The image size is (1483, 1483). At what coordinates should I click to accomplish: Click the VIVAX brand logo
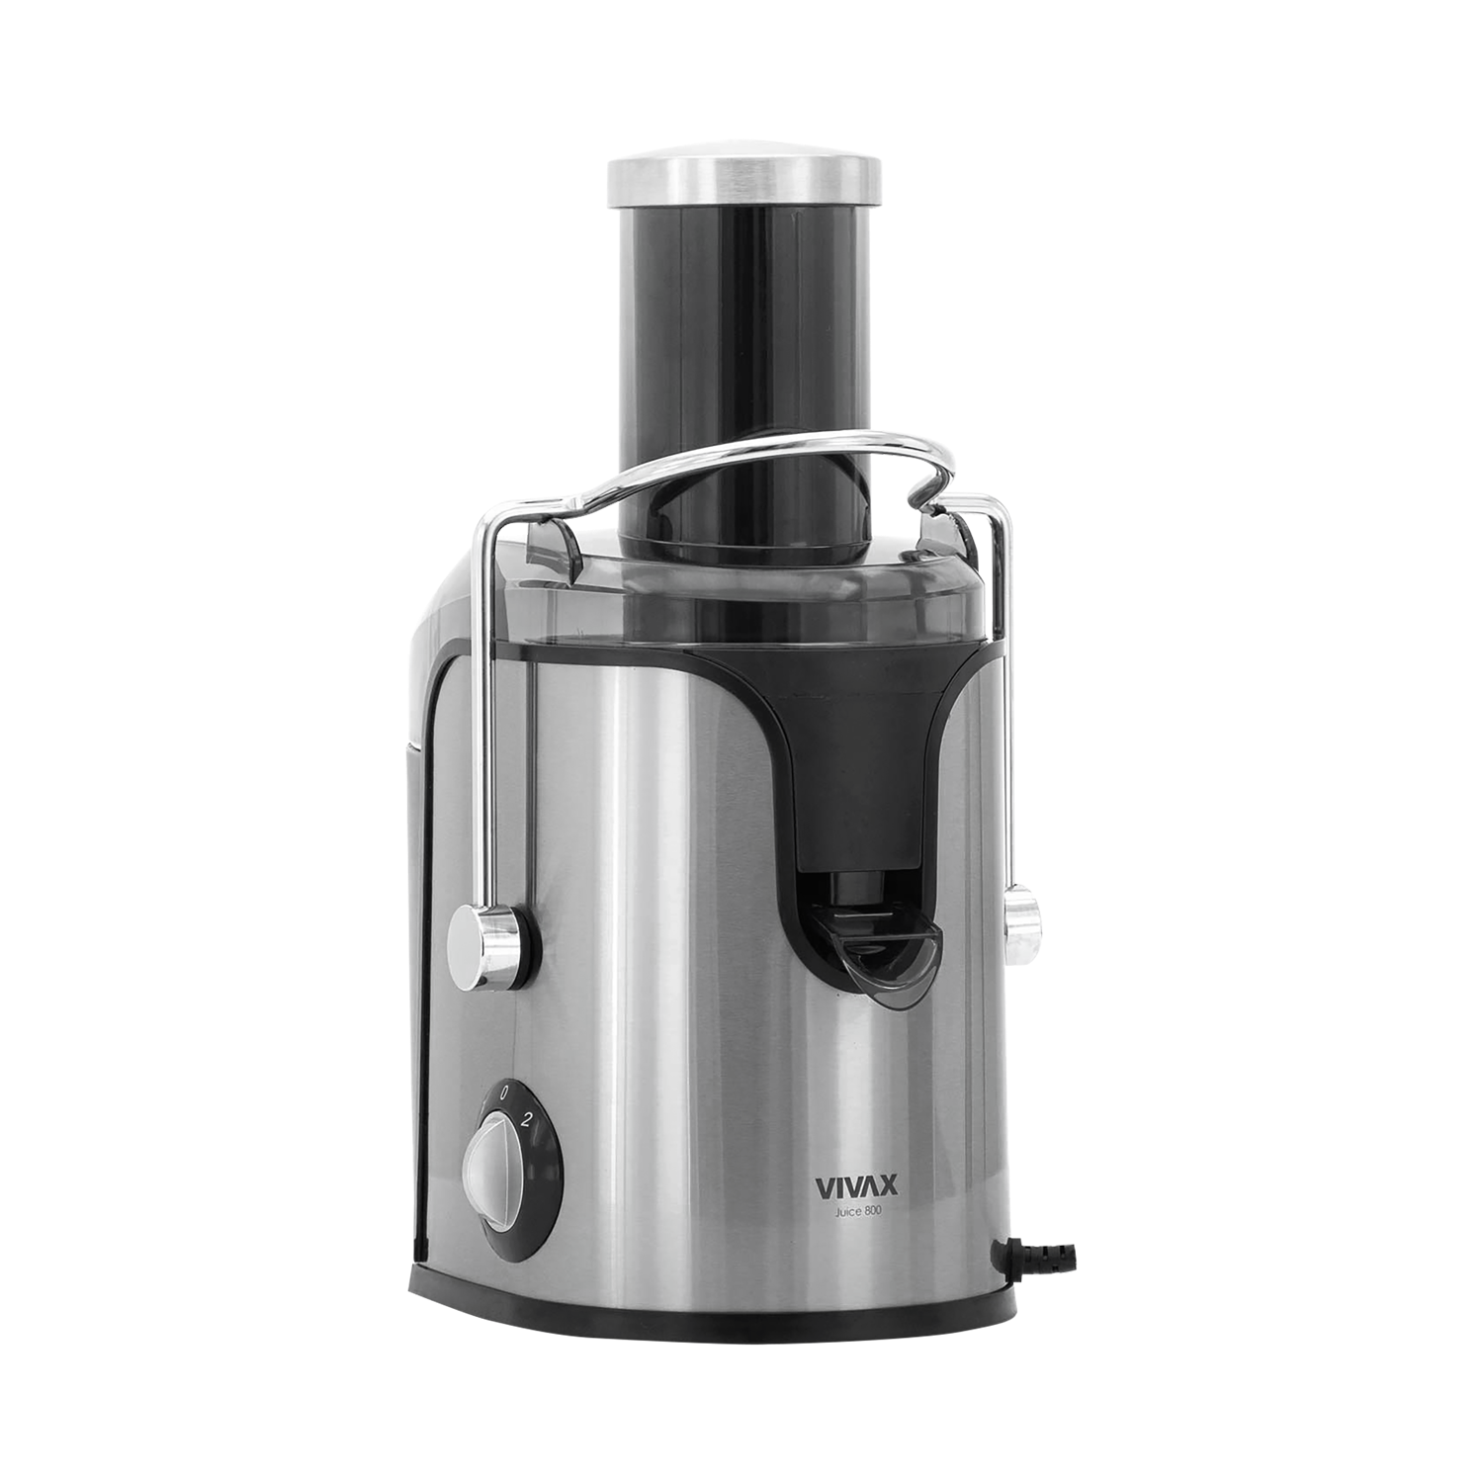(849, 1186)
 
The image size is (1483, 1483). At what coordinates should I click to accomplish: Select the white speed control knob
(490, 1167)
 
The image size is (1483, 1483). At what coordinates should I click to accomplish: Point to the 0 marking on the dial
(504, 1093)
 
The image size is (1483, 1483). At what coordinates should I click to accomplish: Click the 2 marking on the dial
(528, 1120)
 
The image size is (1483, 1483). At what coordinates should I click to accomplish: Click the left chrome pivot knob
(484, 935)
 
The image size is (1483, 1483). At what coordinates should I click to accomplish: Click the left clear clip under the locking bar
(548, 540)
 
